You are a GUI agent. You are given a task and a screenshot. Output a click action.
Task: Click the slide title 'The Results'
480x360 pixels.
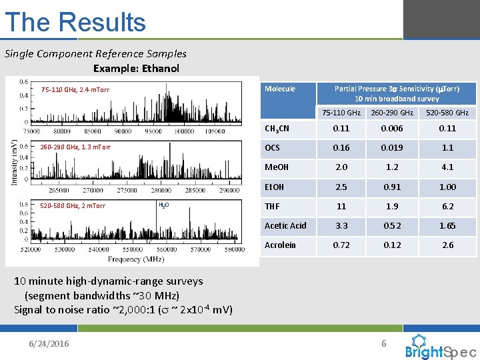pos(75,22)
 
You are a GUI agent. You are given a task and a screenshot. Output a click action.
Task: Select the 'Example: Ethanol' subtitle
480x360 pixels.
pos(136,68)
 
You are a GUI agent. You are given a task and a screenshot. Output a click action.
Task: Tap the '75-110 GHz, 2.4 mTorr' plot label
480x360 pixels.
pos(75,89)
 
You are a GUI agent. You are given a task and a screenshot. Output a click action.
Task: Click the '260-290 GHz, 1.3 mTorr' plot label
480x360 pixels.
pos(75,147)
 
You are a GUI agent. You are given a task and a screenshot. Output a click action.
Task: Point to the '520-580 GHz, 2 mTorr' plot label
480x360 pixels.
pos(73,205)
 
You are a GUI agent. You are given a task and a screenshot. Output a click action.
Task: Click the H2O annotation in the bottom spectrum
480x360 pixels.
pos(163,205)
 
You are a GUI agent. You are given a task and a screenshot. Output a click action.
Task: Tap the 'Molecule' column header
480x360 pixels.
pos(279,89)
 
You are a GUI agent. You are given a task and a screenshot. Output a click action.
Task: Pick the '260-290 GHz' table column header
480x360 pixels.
pos(393,113)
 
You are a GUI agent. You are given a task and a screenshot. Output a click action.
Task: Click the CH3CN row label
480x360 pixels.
pos(277,128)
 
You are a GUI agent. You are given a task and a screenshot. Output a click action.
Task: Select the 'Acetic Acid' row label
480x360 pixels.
pos(285,225)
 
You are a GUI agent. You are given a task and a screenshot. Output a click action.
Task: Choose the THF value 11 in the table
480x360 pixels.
pos(341,207)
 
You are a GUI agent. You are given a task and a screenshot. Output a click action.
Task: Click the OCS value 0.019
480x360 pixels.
pos(393,148)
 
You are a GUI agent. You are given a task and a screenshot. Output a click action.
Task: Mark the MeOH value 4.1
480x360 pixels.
pos(447,167)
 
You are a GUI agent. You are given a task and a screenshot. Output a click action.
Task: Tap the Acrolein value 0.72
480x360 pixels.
pos(341,245)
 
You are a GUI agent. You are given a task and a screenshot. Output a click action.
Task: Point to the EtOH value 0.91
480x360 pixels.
pos(393,187)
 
